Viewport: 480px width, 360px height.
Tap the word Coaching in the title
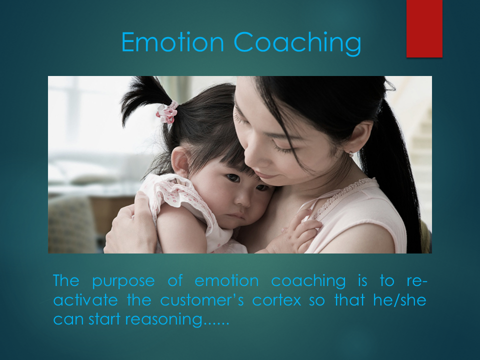[297, 43]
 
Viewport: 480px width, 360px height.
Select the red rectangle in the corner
[424, 28]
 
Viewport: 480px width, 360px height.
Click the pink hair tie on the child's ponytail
[167, 112]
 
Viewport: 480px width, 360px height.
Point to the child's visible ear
[180, 161]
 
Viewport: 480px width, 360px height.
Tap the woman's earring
[351, 154]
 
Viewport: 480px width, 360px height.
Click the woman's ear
[360, 137]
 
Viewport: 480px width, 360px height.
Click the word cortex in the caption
[276, 300]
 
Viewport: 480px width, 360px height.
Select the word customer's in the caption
[202, 300]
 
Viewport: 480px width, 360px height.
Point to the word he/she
[399, 300]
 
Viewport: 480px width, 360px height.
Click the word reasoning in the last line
[164, 320]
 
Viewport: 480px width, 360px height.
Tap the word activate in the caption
[85, 300]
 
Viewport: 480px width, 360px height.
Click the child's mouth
[236, 216]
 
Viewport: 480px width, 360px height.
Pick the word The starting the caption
[66, 280]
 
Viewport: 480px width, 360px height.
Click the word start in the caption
[104, 319]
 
